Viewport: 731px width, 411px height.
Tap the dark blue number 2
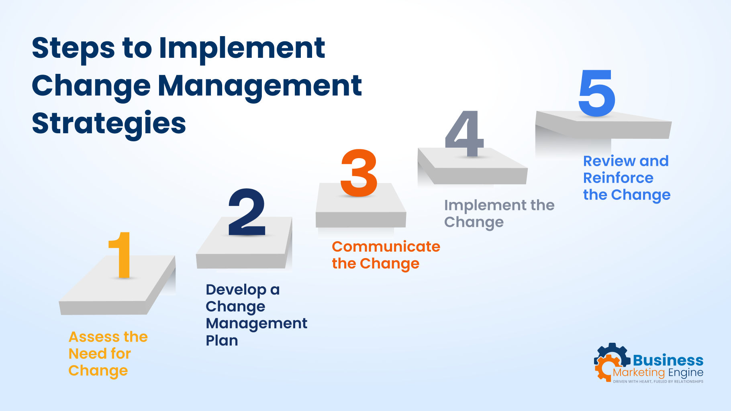pyautogui.click(x=247, y=212)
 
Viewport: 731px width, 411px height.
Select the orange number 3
pyautogui.click(x=359, y=173)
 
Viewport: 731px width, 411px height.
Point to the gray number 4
pyautogui.click(x=465, y=134)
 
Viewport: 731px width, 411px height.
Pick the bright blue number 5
pyautogui.click(x=597, y=93)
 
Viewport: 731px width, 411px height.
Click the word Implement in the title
pyautogui.click(x=242, y=48)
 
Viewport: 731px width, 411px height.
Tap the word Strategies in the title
pyautogui.click(x=109, y=123)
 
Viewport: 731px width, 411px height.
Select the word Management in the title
pyautogui.click(x=260, y=85)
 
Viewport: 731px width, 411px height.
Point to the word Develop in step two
pyautogui.click(x=236, y=290)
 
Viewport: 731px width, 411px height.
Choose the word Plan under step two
pyautogui.click(x=222, y=340)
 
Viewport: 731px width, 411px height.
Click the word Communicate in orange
pyautogui.click(x=386, y=246)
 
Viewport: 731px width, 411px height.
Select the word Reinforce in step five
pyautogui.click(x=618, y=178)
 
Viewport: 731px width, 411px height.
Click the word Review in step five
pyautogui.click(x=608, y=161)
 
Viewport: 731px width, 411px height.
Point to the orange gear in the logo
pyautogui.click(x=604, y=367)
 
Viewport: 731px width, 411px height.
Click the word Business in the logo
pyautogui.click(x=668, y=360)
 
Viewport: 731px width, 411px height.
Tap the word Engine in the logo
pyautogui.click(x=686, y=373)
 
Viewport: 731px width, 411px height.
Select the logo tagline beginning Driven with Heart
pyautogui.click(x=658, y=381)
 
